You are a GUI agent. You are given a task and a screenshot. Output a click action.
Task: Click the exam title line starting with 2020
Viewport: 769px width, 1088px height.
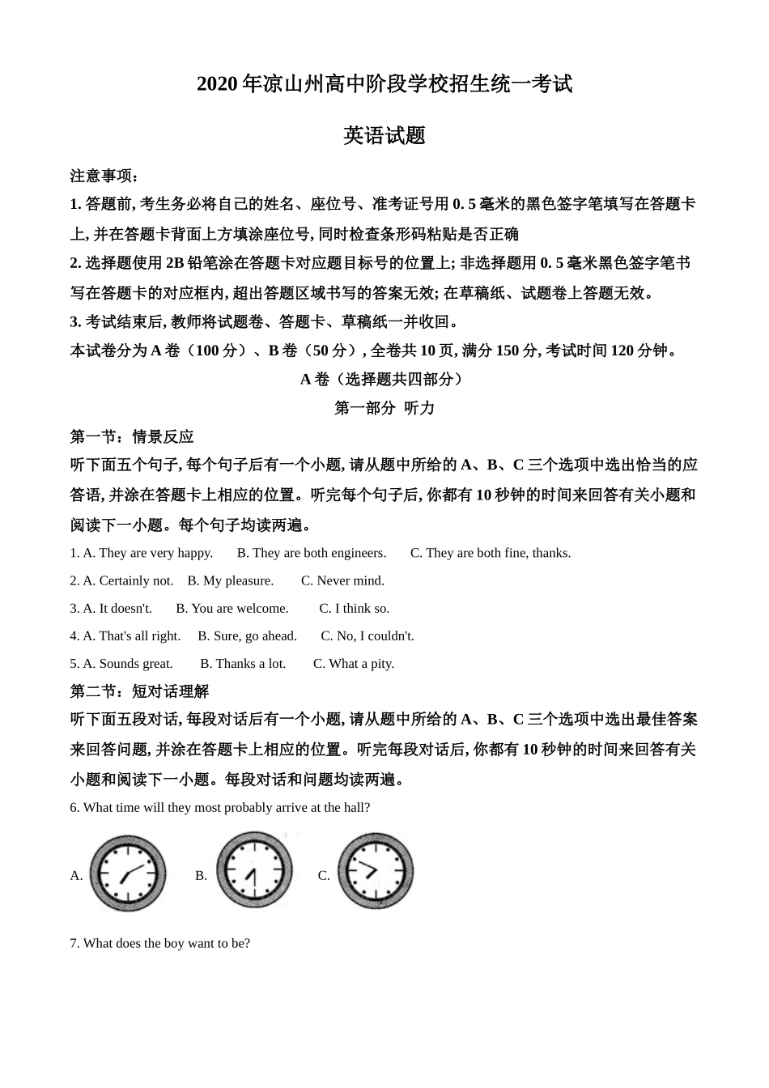click(x=384, y=84)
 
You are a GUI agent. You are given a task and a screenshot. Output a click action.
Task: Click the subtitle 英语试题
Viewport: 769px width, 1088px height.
click(x=384, y=135)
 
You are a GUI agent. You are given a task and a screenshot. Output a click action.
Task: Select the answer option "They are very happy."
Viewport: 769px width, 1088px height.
click(x=147, y=553)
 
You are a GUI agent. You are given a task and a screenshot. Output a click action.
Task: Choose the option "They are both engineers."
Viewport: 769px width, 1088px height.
click(x=311, y=553)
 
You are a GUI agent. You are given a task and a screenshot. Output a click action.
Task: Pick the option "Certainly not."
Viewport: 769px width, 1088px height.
click(x=128, y=580)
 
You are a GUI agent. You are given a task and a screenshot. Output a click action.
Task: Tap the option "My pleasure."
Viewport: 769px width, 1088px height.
click(x=230, y=580)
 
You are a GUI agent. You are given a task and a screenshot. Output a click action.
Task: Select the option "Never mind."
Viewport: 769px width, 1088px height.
click(x=342, y=580)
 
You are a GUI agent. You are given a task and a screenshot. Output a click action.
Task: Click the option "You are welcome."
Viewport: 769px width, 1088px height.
click(x=232, y=608)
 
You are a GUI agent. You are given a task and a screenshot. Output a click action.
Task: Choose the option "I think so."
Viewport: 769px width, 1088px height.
click(x=354, y=608)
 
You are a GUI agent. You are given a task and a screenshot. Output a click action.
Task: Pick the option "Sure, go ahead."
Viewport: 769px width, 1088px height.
click(x=247, y=635)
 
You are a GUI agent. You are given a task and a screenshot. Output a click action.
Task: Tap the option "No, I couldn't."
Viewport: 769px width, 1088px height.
click(x=368, y=635)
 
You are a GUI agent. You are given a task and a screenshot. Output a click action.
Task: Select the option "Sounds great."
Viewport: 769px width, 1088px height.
click(x=128, y=663)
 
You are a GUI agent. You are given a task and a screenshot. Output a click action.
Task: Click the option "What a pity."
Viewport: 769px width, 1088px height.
click(x=354, y=663)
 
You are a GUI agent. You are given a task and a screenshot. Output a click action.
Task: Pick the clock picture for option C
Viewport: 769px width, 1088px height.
click(x=375, y=872)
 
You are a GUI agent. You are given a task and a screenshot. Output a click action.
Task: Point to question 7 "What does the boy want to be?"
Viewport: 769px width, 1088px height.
click(x=159, y=943)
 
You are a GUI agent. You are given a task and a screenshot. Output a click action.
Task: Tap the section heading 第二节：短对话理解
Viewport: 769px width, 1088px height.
click(x=139, y=691)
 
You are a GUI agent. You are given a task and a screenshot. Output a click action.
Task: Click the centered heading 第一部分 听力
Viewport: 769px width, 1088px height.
click(x=384, y=408)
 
